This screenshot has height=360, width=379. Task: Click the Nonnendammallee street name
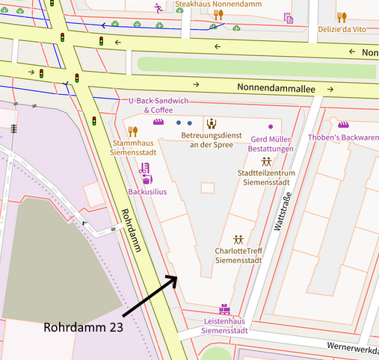pyautogui.click(x=276, y=88)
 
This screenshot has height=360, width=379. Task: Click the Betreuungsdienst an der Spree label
pyautogui.click(x=212, y=140)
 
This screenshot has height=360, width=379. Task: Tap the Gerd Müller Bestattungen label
pyautogui.click(x=271, y=144)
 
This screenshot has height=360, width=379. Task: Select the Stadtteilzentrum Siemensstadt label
pyautogui.click(x=266, y=179)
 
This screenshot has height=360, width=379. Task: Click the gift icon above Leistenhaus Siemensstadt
pyautogui.click(x=223, y=308)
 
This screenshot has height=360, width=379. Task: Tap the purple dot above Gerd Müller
pyautogui.click(x=271, y=128)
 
